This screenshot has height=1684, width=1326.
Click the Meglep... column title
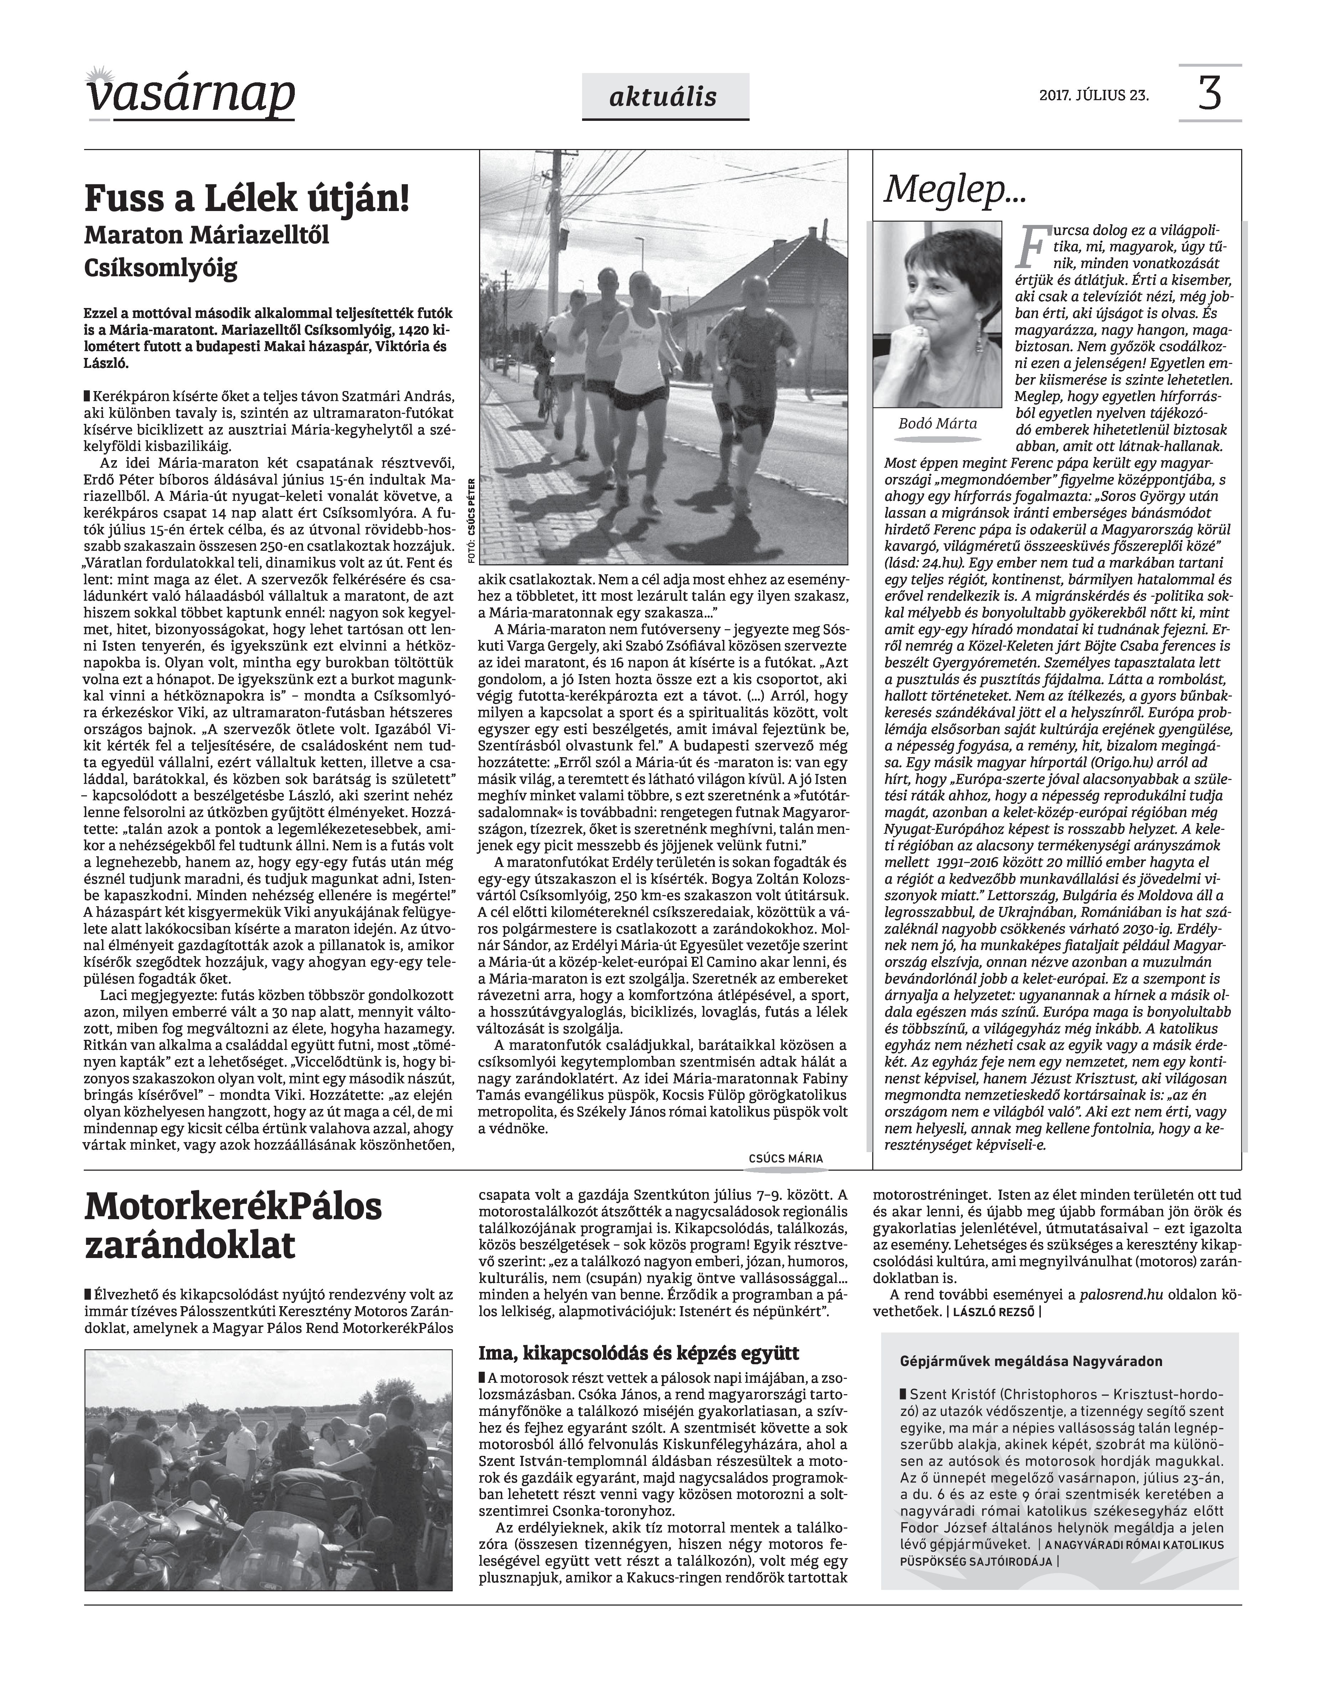pyautogui.click(x=954, y=189)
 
